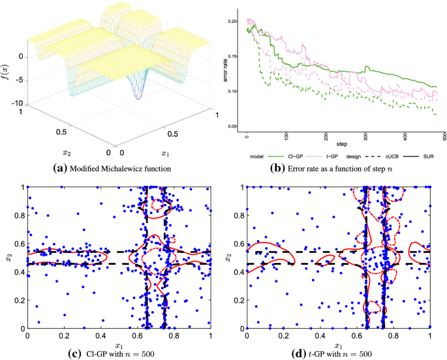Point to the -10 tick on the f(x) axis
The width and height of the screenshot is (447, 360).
(x=19, y=104)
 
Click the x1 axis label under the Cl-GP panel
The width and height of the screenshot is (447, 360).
(x=119, y=344)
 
